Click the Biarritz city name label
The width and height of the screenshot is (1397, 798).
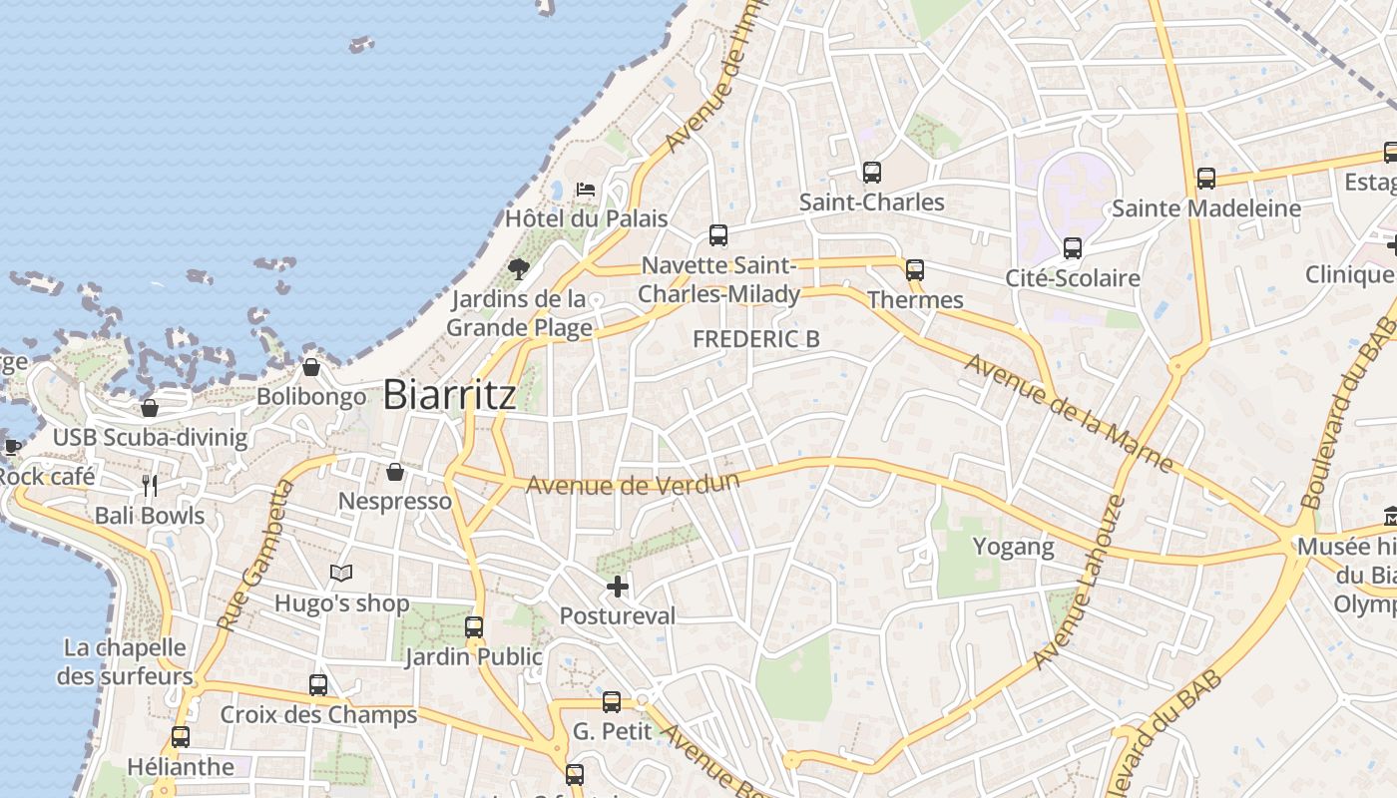[x=450, y=395]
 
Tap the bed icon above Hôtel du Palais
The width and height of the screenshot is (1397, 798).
[x=586, y=189]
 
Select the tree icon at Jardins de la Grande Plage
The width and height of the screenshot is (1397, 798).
[x=518, y=268]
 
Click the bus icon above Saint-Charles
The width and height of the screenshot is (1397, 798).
[x=872, y=173]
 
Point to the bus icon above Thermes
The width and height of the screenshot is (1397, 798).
[x=915, y=270]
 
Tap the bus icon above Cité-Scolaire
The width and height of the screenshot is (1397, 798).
[x=1073, y=248]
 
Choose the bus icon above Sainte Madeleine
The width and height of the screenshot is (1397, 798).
[x=1206, y=179]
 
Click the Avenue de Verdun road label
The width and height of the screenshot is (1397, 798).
[x=633, y=484]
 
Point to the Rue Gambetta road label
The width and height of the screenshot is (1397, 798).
[x=251, y=555]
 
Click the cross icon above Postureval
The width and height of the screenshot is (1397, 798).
[x=619, y=587]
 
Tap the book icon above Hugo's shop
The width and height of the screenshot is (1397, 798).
[x=341, y=574]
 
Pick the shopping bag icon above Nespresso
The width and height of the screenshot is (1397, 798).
[x=395, y=471]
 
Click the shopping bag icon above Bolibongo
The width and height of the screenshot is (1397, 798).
[x=311, y=367]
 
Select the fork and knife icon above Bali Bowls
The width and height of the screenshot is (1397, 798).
[x=150, y=486]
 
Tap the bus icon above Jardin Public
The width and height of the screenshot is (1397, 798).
[x=474, y=627]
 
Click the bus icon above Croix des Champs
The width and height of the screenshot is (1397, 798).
[x=318, y=685]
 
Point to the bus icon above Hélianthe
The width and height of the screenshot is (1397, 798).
[x=181, y=737]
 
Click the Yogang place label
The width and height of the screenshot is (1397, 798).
[x=1013, y=547]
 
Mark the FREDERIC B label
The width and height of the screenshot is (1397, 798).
[x=756, y=339]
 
